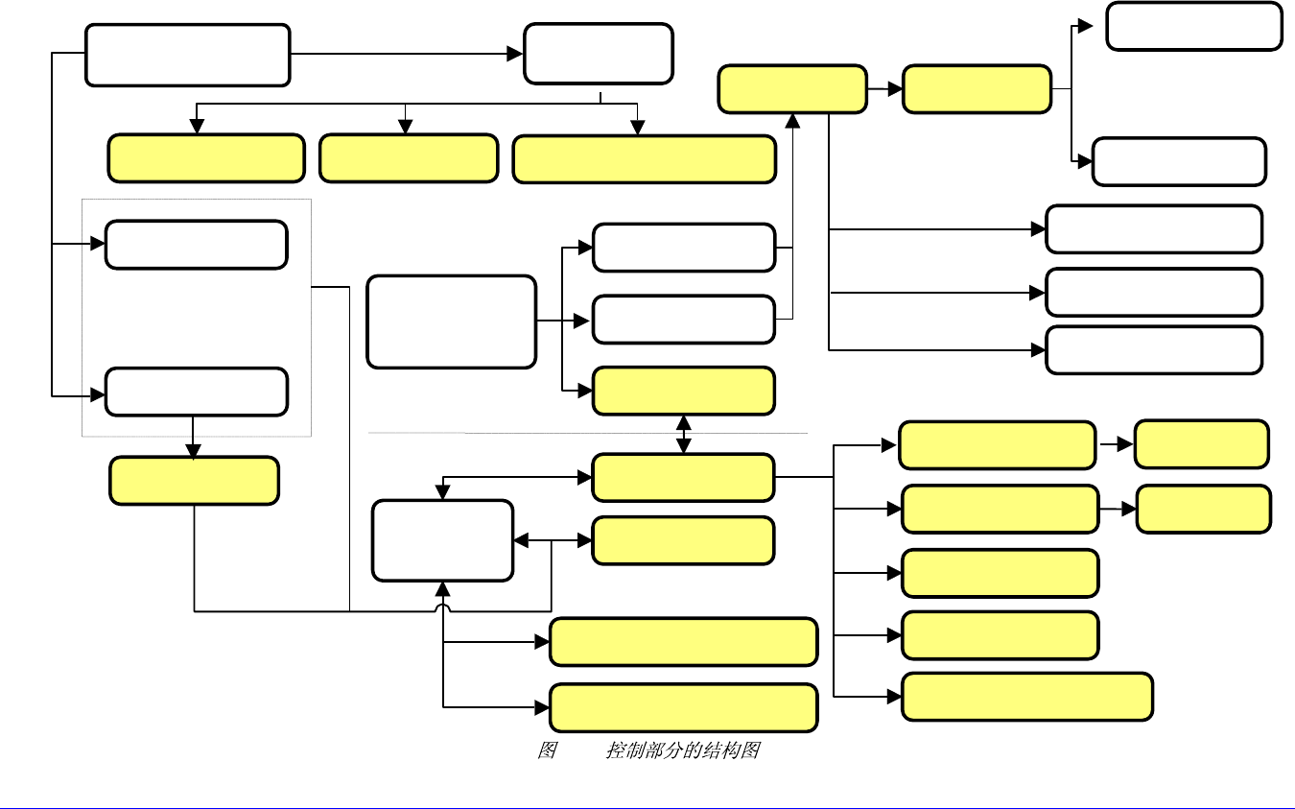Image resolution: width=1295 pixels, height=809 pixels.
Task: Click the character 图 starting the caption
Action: click(x=547, y=750)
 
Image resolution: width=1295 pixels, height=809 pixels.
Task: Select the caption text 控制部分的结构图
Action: click(x=682, y=750)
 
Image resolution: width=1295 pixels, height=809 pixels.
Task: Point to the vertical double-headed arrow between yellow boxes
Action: click(x=683, y=435)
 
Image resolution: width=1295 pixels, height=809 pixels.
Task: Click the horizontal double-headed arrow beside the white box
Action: click(x=553, y=541)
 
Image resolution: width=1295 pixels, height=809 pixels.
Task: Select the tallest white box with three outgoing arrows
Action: click(x=451, y=321)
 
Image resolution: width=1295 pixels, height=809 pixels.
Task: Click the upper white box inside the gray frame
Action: click(x=196, y=245)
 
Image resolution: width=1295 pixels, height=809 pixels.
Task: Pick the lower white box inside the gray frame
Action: click(x=196, y=392)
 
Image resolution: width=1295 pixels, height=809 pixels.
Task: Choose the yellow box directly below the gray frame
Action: click(x=194, y=481)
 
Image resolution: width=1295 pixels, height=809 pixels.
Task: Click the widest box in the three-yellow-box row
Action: click(x=644, y=159)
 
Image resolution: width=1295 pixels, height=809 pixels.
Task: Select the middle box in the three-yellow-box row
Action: click(x=408, y=158)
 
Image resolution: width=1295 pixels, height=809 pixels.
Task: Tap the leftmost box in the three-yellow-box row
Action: click(x=205, y=159)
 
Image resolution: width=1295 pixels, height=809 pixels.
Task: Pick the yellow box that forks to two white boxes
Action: click(x=977, y=89)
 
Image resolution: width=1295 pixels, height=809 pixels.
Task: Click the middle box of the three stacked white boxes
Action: click(x=1153, y=293)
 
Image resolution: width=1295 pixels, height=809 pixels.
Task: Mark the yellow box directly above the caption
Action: click(x=683, y=708)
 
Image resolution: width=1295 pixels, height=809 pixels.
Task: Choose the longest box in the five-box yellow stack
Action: click(x=1027, y=697)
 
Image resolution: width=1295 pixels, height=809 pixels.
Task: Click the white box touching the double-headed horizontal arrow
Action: click(x=442, y=540)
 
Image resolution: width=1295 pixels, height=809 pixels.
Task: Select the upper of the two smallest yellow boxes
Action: click(x=1201, y=443)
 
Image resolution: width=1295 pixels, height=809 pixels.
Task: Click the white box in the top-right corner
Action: click(x=1193, y=26)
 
